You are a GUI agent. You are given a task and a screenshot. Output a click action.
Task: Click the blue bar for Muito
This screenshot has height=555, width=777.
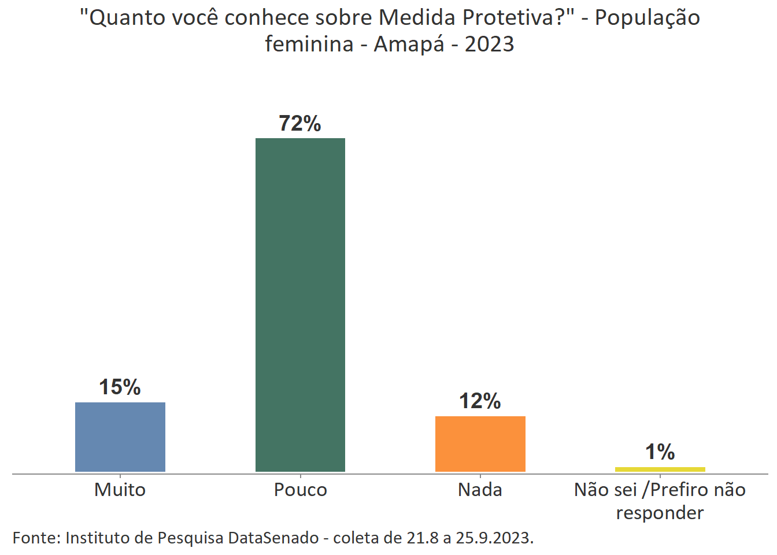[120, 437]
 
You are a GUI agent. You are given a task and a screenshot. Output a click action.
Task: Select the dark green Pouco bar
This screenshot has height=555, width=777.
[300, 305]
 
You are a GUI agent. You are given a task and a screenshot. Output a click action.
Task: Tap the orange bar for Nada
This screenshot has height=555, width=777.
[480, 443]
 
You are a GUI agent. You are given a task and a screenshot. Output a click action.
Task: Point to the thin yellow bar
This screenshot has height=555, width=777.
[660, 469]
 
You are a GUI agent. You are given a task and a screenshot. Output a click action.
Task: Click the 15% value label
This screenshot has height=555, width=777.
[120, 387]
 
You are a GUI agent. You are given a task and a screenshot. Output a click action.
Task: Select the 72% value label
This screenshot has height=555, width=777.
[299, 124]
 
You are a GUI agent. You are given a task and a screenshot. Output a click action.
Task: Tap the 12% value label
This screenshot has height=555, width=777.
[480, 401]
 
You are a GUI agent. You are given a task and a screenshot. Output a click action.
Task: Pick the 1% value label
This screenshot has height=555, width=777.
[660, 452]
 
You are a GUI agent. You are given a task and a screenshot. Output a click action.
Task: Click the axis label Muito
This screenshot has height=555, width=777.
[120, 490]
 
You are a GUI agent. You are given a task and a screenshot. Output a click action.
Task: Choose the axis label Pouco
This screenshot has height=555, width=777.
[300, 490]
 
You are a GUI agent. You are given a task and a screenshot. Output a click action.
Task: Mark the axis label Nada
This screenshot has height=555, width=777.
[480, 490]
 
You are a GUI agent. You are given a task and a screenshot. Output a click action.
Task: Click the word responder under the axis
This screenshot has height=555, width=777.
[660, 513]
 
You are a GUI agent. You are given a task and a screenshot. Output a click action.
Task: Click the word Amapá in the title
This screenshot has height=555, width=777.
[409, 44]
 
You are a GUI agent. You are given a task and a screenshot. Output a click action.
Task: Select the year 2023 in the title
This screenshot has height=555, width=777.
[489, 44]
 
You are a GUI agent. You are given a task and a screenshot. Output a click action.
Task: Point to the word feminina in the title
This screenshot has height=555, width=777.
[309, 44]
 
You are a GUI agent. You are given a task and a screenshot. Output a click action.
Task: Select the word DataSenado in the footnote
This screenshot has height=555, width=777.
[273, 538]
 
